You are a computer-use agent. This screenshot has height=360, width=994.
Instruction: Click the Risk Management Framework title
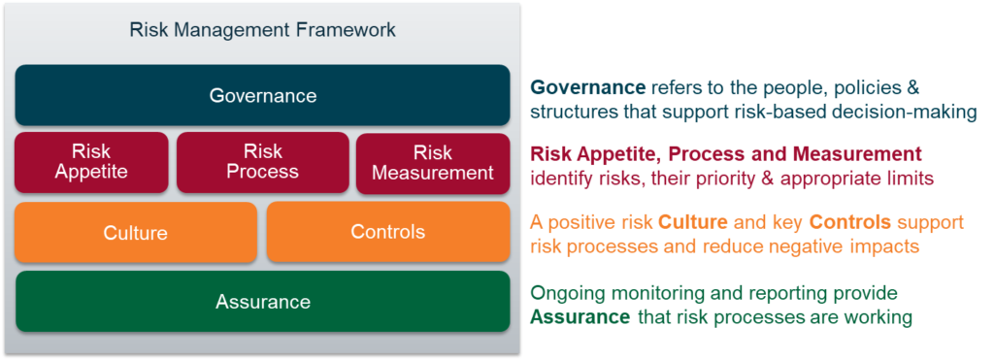pos(262,30)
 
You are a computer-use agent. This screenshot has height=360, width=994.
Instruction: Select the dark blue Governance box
pos(262,95)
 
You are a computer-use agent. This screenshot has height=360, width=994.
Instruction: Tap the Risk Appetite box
pos(91,162)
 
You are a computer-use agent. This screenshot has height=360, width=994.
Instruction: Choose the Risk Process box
pos(262,162)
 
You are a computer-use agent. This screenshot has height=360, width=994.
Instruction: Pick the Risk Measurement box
pos(433,162)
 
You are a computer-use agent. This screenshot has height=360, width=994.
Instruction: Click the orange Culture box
pos(136,232)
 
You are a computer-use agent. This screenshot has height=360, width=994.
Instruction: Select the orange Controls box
pos(388,232)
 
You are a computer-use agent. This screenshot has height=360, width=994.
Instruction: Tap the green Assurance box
pos(262,301)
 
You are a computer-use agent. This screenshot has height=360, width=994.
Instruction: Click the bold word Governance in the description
pos(587,86)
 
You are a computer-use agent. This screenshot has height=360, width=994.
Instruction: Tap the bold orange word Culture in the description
pos(691,222)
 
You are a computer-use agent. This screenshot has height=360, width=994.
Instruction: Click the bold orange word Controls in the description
pos(850,222)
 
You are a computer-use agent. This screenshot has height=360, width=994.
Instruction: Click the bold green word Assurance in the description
pos(580,316)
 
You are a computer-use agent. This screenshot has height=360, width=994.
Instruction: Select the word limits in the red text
pos(911,180)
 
